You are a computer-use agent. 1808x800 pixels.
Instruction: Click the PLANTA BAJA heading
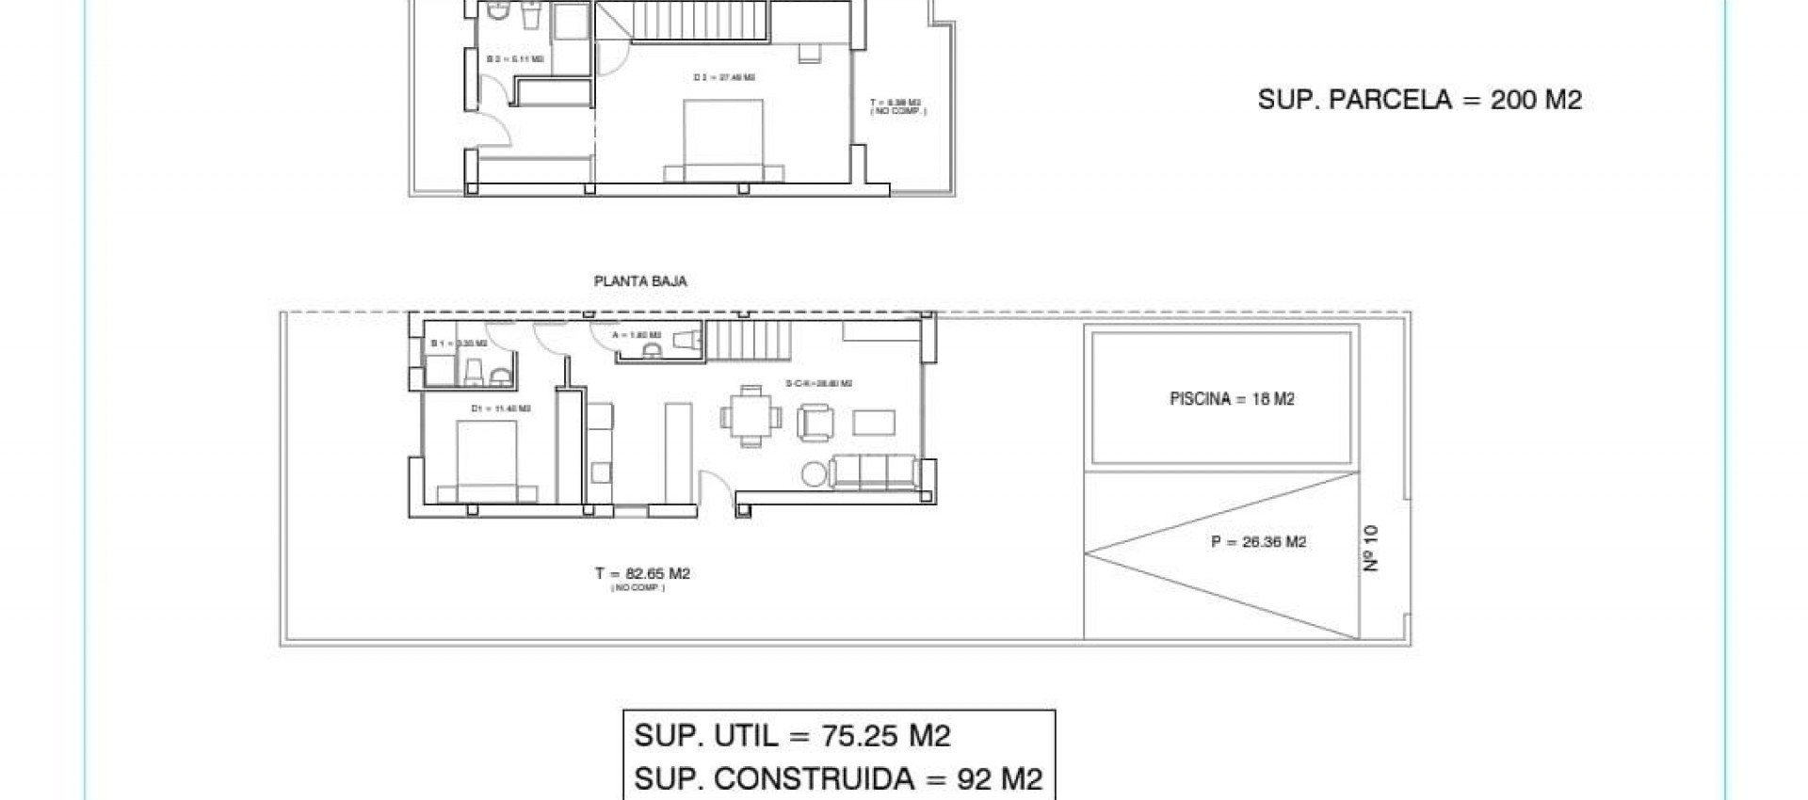[640, 280]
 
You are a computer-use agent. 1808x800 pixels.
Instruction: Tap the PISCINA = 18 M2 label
[1232, 399]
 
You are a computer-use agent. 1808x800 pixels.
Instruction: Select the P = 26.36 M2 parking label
[1258, 542]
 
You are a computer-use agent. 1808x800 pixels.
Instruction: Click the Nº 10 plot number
[1371, 548]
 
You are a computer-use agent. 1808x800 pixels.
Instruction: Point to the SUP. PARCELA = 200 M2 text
[1419, 100]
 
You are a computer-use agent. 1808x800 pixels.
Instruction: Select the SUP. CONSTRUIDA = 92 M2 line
[838, 778]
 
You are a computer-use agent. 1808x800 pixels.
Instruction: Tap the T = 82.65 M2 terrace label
[642, 573]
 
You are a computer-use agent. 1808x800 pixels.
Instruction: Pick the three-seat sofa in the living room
[874, 471]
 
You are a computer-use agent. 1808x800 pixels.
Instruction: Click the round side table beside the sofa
[814, 475]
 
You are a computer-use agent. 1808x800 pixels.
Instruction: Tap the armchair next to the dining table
[815, 423]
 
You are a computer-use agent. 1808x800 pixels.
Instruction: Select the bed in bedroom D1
[486, 461]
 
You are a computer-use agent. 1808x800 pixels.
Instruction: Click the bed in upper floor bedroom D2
[723, 141]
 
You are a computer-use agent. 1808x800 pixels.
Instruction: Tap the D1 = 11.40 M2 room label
[501, 408]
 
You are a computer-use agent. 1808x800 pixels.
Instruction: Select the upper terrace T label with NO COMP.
[896, 105]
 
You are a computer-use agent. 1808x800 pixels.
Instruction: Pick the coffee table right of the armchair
[874, 422]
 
